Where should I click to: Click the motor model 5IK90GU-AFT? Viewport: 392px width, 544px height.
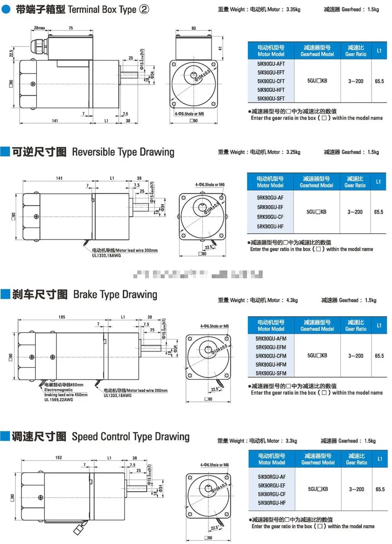(x=271, y=64)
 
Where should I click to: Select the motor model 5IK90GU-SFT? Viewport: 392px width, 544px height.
(x=271, y=99)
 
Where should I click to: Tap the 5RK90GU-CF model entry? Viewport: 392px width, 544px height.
(x=270, y=217)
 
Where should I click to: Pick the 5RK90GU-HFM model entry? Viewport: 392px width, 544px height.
(x=271, y=364)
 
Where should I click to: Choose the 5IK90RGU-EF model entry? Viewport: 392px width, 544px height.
(x=272, y=486)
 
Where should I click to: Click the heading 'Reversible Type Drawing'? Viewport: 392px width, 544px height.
(x=123, y=152)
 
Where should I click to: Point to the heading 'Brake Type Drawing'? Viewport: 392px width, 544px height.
(x=115, y=295)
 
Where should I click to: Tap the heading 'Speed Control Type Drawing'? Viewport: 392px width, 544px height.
(x=131, y=437)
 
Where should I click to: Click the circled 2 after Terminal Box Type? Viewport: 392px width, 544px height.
(x=144, y=9)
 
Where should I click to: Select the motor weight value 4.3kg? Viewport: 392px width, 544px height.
(x=292, y=300)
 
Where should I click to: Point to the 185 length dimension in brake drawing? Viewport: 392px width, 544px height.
(x=62, y=317)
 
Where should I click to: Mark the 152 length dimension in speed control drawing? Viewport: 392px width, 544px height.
(x=59, y=457)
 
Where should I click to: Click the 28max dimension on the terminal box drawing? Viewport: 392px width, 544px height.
(x=39, y=28)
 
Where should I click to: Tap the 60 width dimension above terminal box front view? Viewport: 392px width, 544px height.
(x=194, y=28)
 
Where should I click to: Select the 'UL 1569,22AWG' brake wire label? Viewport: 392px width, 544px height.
(x=58, y=400)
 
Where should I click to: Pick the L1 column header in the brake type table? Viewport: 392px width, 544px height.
(x=379, y=325)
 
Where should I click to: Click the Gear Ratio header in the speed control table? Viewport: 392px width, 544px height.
(x=356, y=459)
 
